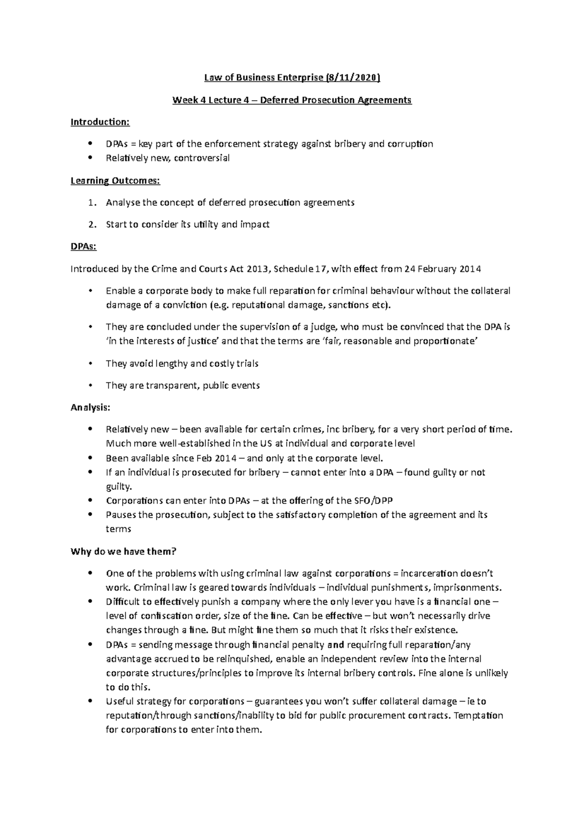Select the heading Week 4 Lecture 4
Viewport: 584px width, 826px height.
pyautogui.click(x=214, y=100)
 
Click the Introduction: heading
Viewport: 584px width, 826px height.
pyautogui.click(x=100, y=122)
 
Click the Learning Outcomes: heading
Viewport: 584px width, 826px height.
pyautogui.click(x=115, y=180)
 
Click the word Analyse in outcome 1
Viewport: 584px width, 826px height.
pyautogui.click(x=123, y=202)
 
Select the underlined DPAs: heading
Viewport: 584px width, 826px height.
pyautogui.click(x=84, y=247)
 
